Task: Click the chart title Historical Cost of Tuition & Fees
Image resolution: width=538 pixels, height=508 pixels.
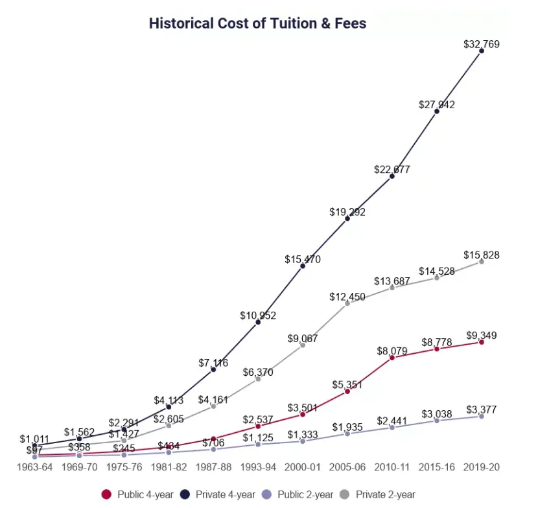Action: [257, 23]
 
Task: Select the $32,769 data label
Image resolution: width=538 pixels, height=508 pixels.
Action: [482, 44]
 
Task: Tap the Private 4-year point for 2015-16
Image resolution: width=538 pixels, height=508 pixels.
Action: [437, 111]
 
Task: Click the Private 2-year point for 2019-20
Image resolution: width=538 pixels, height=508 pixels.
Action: [482, 261]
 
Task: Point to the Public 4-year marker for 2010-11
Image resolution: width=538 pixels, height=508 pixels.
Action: [392, 358]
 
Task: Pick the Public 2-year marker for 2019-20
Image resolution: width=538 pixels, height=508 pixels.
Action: [482, 416]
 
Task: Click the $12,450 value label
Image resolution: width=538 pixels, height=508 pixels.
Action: [347, 297]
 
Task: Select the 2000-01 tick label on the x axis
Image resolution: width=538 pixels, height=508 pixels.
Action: [303, 467]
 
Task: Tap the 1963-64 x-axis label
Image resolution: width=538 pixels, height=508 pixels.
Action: [34, 467]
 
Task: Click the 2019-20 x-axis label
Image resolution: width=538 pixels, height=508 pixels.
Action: [482, 467]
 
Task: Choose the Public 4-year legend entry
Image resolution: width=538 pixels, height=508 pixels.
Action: [138, 494]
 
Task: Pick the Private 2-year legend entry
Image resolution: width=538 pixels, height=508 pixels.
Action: [379, 494]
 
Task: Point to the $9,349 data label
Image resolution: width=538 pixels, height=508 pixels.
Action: [482, 335]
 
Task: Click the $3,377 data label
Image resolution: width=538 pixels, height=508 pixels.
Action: [482, 410]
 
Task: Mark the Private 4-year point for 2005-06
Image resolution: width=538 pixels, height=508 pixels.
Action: [347, 218]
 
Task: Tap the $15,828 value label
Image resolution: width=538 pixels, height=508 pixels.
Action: [482, 255]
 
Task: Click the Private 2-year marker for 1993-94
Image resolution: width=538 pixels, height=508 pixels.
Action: [258, 378]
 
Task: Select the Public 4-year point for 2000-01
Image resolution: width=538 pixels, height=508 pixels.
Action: [303, 414]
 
